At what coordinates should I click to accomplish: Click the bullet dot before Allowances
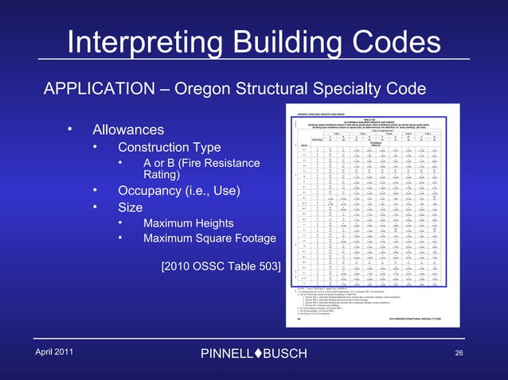point(70,128)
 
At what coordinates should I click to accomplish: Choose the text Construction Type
point(170,148)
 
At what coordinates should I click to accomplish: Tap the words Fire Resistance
point(215,164)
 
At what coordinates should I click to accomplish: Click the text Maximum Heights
point(188,223)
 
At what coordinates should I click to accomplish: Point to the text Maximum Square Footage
point(209,238)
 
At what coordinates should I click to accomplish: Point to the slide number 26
point(458,352)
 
